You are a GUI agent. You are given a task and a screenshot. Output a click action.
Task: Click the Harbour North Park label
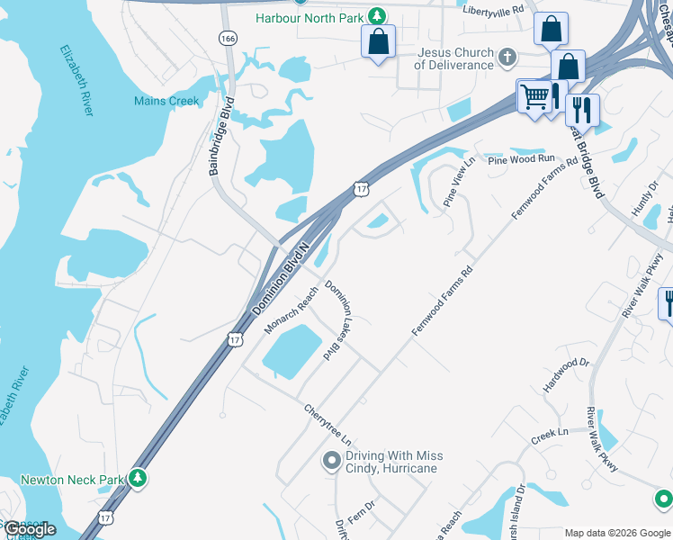310,17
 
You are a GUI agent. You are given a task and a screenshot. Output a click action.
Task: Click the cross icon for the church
507,58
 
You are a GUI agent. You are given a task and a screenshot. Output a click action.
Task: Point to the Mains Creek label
166,101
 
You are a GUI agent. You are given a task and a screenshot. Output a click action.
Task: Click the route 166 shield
228,38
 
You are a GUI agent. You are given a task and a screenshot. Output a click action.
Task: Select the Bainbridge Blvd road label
221,134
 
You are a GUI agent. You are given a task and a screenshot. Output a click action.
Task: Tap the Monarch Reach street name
292,310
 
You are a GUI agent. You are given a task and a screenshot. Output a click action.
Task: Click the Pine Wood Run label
522,159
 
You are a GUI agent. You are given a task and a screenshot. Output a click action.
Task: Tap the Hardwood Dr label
565,375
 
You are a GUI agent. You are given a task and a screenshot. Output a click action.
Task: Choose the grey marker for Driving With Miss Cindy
332,462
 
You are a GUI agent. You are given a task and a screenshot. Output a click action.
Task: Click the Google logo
30,529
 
